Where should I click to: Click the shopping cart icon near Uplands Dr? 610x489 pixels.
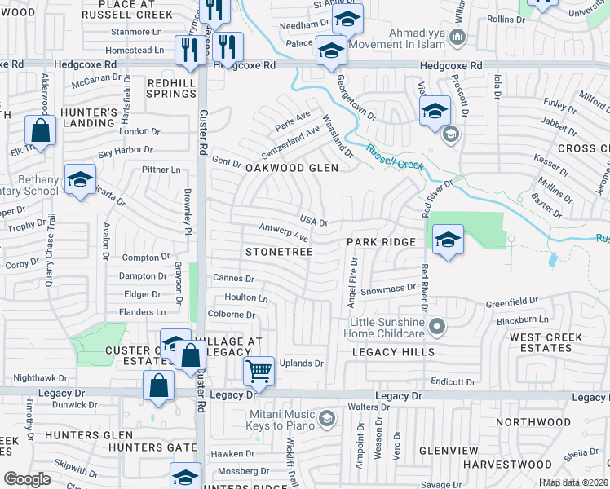tap(259, 372)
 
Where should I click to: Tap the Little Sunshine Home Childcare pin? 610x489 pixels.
tap(437, 328)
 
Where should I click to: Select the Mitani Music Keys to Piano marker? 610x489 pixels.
tap(326, 419)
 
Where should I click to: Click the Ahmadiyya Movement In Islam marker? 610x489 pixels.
tap(457, 37)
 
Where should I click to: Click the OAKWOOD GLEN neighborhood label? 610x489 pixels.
tap(291, 168)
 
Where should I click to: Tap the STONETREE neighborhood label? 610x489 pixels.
tap(279, 253)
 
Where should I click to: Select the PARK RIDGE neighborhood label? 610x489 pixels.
tap(382, 242)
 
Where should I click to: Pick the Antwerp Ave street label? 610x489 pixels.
tap(283, 231)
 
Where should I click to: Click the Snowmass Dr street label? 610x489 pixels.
tap(388, 289)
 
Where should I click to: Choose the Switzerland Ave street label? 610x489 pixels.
tap(291, 143)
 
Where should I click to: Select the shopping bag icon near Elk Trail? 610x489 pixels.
tap(39, 130)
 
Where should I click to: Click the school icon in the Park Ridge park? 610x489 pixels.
tap(447, 240)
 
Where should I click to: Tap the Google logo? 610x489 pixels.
tap(27, 479)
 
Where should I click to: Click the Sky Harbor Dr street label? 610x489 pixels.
tap(125, 150)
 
